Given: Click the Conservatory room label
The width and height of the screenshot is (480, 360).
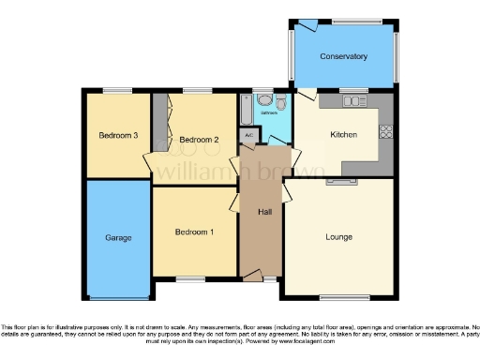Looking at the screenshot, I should point(343,57).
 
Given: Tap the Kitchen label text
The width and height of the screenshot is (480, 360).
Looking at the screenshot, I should point(344,134).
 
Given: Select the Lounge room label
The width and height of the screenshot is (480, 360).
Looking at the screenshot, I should point(339,236).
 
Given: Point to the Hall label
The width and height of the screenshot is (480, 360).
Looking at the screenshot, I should point(264,211).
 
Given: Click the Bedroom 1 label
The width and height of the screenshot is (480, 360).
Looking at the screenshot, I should point(193,232).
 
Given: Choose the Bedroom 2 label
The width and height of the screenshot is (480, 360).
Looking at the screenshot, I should point(199,140).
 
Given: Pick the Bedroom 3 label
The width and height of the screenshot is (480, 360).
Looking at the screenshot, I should point(119,135).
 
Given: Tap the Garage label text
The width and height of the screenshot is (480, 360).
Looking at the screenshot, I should point(118,237).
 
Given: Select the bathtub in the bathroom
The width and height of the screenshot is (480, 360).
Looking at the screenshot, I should point(246,111).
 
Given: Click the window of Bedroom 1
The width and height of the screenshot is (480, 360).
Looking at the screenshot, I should point(192,278).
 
